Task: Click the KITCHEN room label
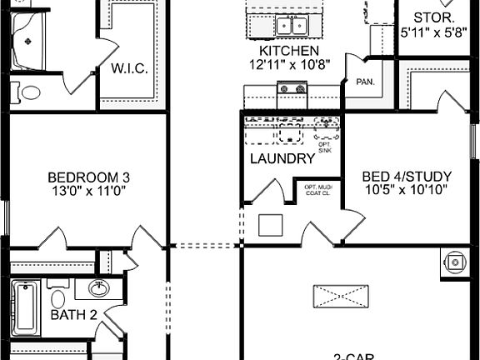click(283, 51)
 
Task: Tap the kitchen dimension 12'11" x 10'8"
click(283, 64)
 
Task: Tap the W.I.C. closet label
click(129, 68)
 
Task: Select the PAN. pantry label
click(364, 82)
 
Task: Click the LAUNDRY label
click(282, 158)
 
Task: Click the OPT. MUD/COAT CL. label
click(317, 190)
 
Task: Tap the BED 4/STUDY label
click(407, 176)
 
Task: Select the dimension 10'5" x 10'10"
click(407, 189)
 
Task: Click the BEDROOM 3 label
click(88, 177)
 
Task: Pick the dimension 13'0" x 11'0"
click(88, 190)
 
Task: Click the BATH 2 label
click(74, 315)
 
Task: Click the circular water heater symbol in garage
click(455, 262)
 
